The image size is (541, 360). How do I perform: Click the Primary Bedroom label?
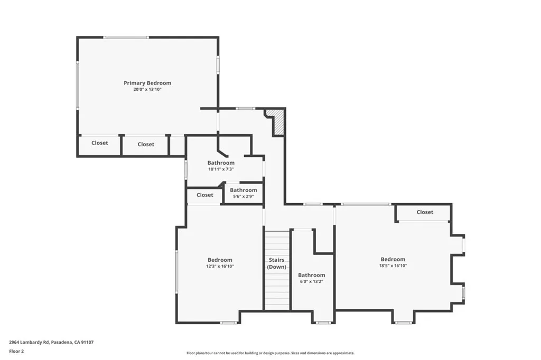click(147, 83)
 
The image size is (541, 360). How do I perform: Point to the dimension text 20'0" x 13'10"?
click(147, 90)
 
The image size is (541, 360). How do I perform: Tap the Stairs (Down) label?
click(277, 263)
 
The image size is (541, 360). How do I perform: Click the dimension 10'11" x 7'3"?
click(221, 169)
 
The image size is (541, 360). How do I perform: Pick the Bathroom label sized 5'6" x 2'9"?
click(244, 190)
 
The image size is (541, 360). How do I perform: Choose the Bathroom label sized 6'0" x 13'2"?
click(312, 275)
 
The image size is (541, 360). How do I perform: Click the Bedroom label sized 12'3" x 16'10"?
click(220, 260)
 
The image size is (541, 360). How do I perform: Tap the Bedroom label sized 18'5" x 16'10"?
click(393, 259)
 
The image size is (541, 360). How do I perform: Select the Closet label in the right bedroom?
click(425, 212)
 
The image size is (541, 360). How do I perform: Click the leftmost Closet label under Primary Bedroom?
click(100, 143)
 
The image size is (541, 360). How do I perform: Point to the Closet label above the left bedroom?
click(205, 195)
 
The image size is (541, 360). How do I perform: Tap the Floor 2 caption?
click(16, 350)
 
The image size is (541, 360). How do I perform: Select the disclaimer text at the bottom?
click(270, 353)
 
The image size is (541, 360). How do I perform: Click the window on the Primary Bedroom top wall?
click(126, 37)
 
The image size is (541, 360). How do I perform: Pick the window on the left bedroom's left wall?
click(176, 272)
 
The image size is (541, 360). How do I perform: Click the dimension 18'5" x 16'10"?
click(393, 266)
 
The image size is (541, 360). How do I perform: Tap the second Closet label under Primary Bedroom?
click(146, 144)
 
